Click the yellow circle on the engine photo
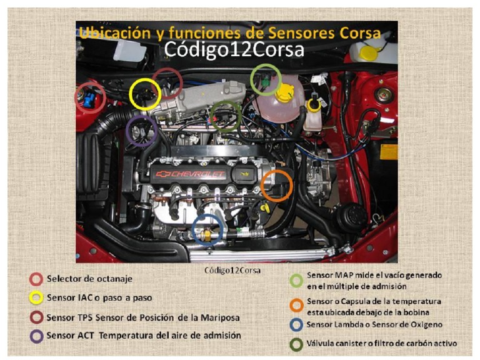145,94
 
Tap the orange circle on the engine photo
276,185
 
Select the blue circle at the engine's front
209,229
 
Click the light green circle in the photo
266,79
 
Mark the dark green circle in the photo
226,116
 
